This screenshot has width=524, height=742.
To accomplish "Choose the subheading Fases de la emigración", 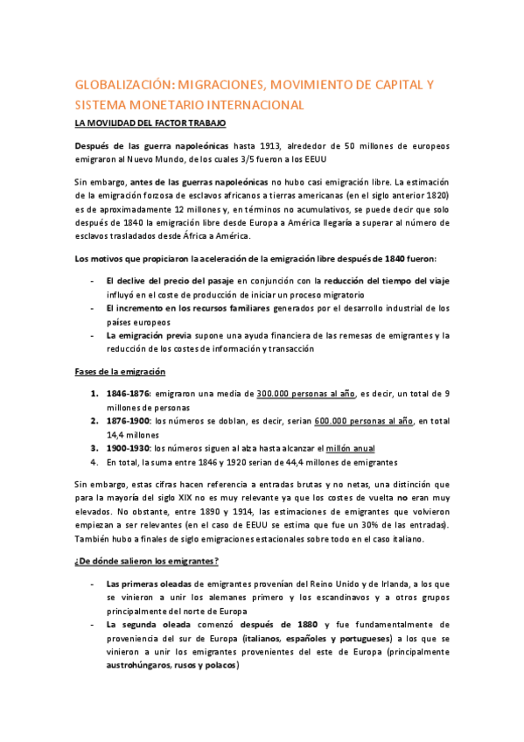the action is tap(120, 371).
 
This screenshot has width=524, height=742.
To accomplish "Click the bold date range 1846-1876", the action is tap(128, 394).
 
